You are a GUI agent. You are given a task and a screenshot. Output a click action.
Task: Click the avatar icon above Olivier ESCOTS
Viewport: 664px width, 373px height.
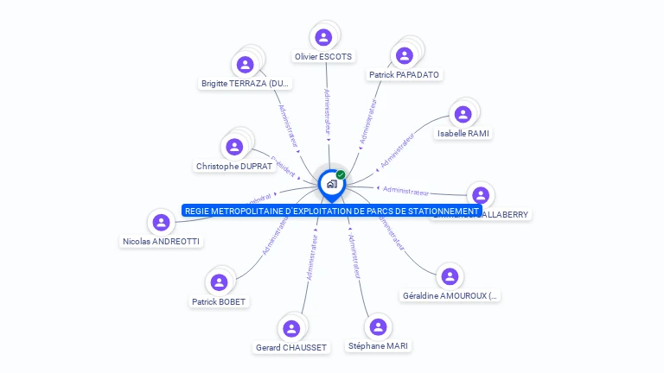[x=323, y=37]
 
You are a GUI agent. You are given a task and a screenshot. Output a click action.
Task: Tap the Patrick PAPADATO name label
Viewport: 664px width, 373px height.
[x=404, y=75]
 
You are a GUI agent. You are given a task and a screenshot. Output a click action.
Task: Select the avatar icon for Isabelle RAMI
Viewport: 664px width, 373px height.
[x=463, y=114]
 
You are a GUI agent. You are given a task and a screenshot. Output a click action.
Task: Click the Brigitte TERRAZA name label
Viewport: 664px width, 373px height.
[x=246, y=84]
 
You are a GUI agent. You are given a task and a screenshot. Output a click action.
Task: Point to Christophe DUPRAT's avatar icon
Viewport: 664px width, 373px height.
[x=233, y=147]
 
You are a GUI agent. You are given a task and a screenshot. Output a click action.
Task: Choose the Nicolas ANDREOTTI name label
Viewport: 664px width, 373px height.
[x=162, y=242]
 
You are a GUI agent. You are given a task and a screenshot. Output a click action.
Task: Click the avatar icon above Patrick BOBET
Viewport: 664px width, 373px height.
[x=219, y=282]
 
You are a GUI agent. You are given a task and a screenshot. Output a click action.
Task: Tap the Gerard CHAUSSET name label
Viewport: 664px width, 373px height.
[x=291, y=347]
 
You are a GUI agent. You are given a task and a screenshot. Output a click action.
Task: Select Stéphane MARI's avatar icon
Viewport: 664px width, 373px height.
[x=378, y=326]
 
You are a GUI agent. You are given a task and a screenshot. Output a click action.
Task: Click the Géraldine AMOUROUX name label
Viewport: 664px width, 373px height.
[x=450, y=296]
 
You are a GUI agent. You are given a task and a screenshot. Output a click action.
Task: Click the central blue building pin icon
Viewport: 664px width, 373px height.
[x=331, y=183]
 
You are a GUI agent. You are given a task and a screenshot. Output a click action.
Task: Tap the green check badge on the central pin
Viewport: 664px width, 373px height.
[x=341, y=174]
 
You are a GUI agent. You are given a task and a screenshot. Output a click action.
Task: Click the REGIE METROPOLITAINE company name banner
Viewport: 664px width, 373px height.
[x=331, y=211]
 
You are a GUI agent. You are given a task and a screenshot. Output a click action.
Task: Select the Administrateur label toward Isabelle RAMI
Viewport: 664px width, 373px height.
[x=398, y=149]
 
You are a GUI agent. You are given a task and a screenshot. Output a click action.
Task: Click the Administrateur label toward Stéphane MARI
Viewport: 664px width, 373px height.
[x=354, y=255]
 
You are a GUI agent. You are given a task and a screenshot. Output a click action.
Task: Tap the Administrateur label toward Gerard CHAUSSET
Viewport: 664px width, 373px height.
[x=312, y=256]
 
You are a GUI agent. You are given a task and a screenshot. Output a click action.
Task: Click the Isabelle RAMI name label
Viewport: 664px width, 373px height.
[x=463, y=134]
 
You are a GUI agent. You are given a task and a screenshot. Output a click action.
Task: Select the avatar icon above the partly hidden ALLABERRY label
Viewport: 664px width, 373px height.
[x=481, y=195]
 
